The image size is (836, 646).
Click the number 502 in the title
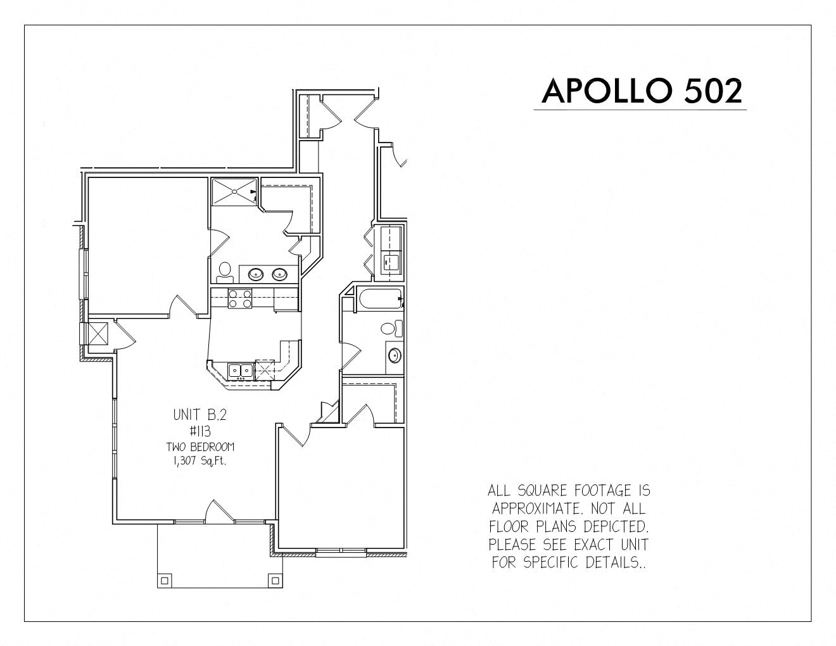(713, 91)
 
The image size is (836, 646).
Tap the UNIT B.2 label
(199, 415)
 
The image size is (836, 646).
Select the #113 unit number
(200, 432)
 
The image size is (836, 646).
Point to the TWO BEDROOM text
(200, 447)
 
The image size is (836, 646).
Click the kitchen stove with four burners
(240, 298)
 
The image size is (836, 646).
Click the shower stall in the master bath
(234, 192)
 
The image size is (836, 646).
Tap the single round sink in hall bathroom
(395, 356)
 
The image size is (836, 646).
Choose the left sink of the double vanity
(255, 274)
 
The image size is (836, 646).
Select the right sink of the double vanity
(280, 274)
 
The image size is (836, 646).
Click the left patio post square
(164, 581)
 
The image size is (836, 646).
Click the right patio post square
(275, 580)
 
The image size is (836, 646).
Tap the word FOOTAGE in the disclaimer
(603, 491)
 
